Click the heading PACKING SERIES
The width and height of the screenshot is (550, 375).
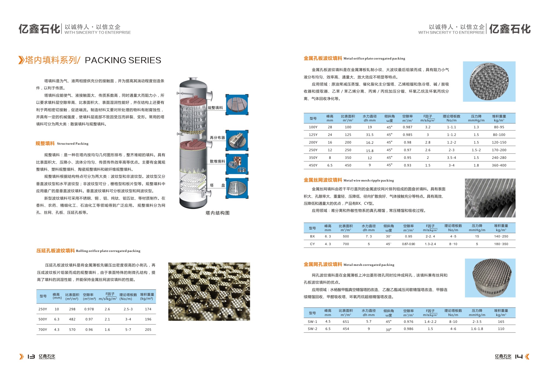pos(123,60)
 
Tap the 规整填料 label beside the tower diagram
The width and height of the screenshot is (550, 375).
pos(215,108)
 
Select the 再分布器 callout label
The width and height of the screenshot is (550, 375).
pos(217,138)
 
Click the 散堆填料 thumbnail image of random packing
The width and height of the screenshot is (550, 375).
pos(237,164)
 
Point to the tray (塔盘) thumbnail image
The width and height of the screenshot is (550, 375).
pos(237,188)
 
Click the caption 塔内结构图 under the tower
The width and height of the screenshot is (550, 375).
pos(218,213)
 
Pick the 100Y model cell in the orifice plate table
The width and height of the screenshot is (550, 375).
pos(313,127)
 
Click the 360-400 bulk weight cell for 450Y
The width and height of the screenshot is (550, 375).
pos(499,165)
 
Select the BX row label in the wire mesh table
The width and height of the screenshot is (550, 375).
pos(312,236)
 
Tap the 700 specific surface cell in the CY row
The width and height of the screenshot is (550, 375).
pos(346,244)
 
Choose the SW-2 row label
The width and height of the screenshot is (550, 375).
pos(312,329)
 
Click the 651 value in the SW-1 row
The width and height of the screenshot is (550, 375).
pos(346,322)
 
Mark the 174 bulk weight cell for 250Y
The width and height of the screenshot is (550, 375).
pos(148,309)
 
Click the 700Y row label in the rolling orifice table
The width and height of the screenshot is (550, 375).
pos(43,330)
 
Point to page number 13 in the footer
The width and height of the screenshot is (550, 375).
pos(31,356)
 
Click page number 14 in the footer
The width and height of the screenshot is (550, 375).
pos(519,356)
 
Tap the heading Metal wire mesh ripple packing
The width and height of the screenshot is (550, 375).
pos(368,180)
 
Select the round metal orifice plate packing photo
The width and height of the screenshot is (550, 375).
pos(489,82)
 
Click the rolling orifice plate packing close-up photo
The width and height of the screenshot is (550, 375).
pos(209,291)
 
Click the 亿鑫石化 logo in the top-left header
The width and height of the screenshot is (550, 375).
pos(39,29)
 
